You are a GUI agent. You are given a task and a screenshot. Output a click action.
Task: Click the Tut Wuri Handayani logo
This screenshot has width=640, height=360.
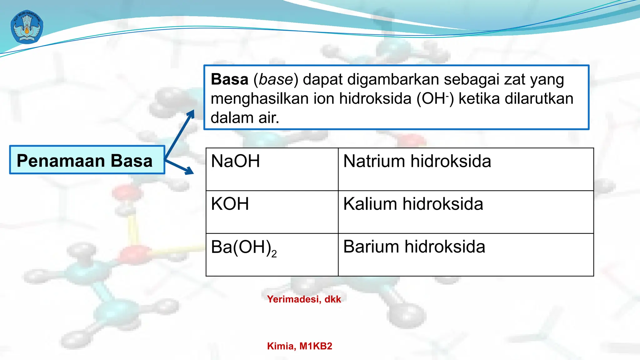[x=27, y=27]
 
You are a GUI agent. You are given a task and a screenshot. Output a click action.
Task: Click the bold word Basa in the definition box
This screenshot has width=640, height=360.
[x=229, y=79]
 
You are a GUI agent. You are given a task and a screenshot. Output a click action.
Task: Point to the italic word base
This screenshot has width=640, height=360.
[x=276, y=79]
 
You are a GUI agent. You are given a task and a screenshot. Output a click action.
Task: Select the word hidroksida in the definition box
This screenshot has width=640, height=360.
[x=375, y=99]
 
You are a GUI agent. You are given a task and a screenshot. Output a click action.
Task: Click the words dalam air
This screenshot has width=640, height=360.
[x=245, y=118]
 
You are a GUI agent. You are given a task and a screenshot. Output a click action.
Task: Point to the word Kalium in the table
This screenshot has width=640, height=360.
[x=370, y=204]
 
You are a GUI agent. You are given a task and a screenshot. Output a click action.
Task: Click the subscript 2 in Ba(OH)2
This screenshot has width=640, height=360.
[x=274, y=254]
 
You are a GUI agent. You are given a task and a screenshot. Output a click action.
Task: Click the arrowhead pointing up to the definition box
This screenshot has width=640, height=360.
[x=191, y=113]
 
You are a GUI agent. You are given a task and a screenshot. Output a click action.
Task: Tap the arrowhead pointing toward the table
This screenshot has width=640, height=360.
[x=189, y=171]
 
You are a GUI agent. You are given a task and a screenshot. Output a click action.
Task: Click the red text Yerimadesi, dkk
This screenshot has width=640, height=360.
[x=304, y=299]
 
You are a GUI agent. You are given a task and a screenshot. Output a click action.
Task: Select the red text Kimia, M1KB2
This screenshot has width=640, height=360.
[x=299, y=346]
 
